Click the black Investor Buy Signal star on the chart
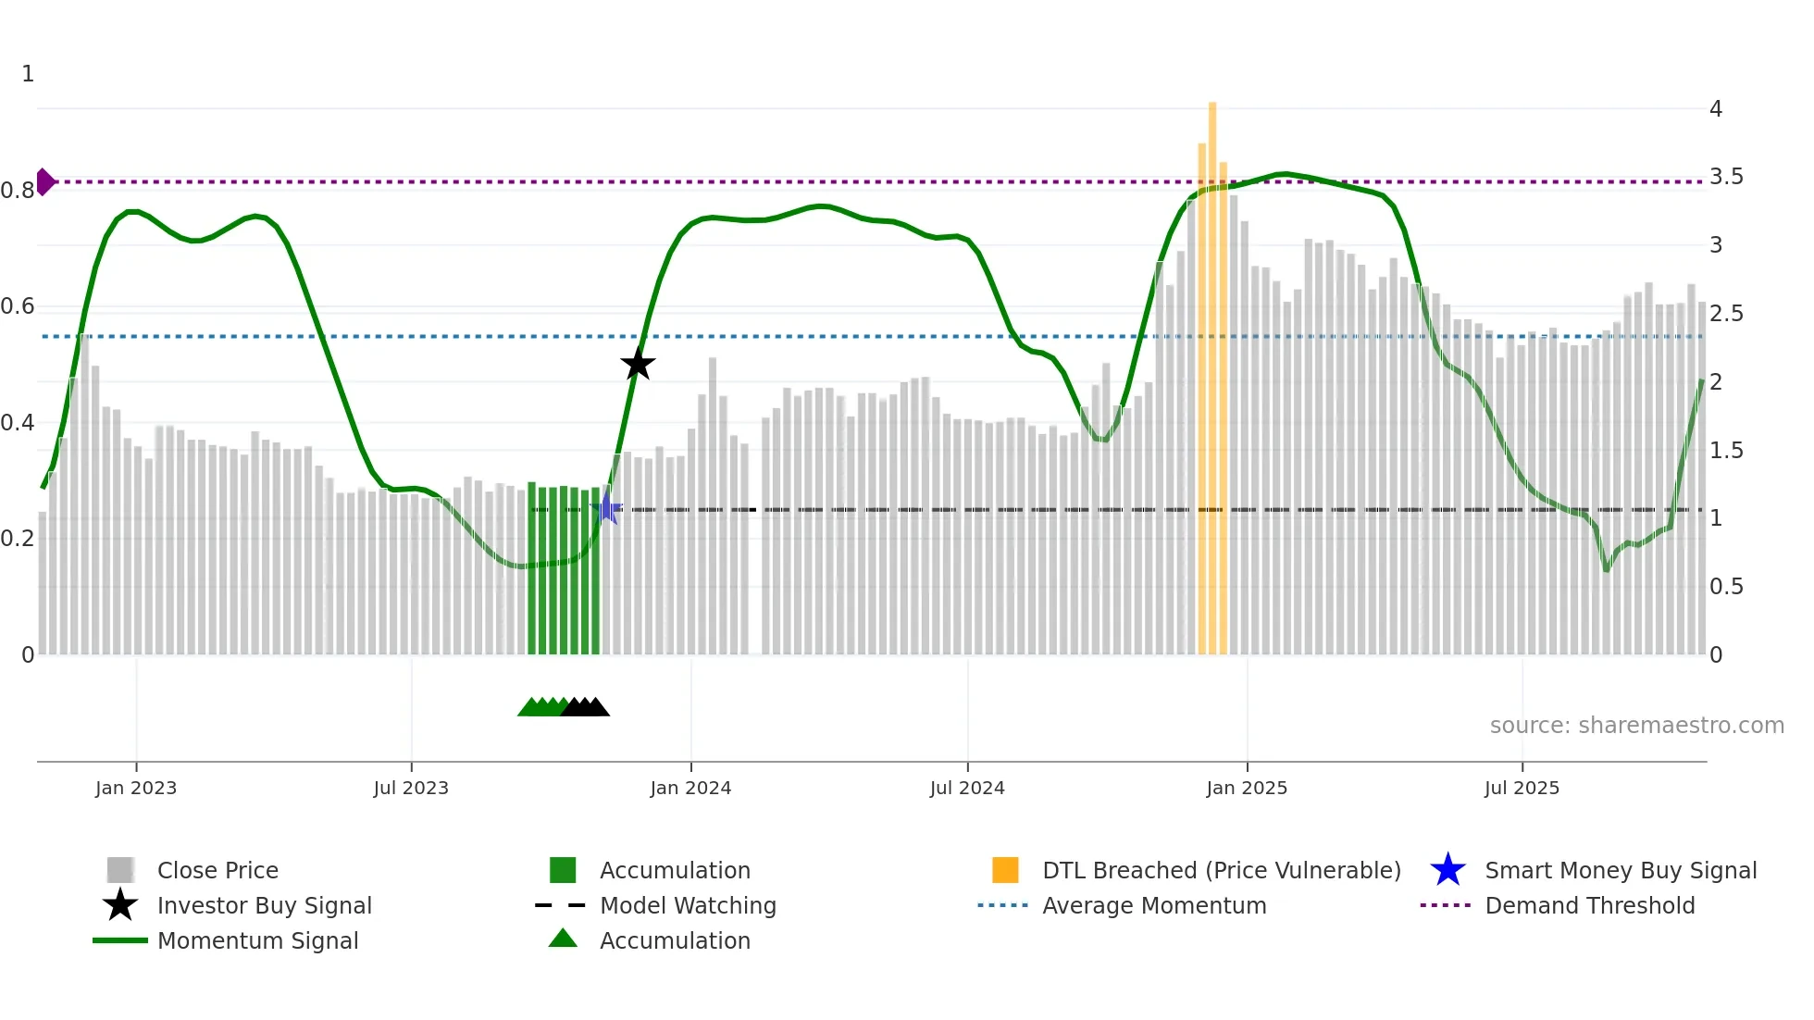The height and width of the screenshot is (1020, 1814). (x=638, y=364)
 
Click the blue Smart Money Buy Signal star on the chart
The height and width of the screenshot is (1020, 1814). (x=606, y=508)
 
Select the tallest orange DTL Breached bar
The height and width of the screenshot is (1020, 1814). (x=1212, y=370)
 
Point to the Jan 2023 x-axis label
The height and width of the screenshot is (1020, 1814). (x=136, y=788)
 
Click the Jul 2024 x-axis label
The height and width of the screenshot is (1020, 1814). (x=967, y=788)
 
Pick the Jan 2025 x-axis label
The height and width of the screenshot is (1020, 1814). (x=1247, y=788)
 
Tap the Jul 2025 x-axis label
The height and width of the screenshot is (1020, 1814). (x=1522, y=788)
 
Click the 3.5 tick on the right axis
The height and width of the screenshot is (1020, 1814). (x=1726, y=177)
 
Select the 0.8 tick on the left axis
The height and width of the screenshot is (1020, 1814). (x=18, y=191)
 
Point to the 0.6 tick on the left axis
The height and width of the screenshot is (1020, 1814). (x=18, y=306)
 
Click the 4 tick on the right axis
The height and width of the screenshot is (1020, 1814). (x=1716, y=109)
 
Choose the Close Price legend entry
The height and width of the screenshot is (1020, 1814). (x=217, y=870)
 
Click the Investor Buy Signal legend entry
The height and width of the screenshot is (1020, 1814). (x=264, y=905)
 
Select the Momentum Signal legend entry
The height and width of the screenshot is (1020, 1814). (x=257, y=940)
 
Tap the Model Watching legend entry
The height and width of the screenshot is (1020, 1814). (x=688, y=905)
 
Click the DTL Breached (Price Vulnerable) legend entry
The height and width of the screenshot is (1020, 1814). (x=1221, y=870)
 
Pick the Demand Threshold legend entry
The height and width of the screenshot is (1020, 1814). (x=1589, y=905)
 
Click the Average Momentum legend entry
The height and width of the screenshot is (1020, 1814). (x=1154, y=905)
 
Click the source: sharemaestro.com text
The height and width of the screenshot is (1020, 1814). (x=1636, y=726)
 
